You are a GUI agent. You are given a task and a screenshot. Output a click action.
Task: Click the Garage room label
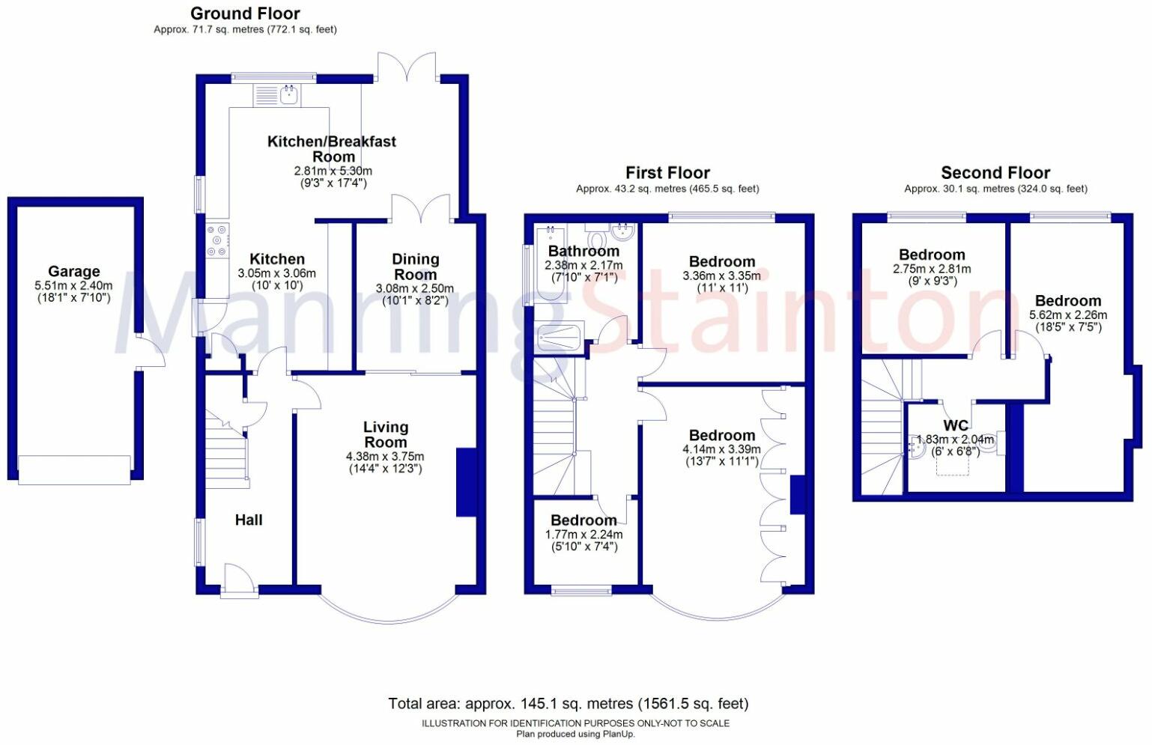(73, 271)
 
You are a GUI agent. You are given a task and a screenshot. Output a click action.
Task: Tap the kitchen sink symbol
(289, 94)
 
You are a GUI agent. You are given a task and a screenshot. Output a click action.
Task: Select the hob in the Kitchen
(218, 241)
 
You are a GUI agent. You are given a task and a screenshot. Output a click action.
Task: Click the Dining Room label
(415, 267)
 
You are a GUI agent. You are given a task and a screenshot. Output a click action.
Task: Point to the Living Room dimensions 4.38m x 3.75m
(385, 456)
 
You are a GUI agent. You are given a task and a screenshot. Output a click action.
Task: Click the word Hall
(249, 520)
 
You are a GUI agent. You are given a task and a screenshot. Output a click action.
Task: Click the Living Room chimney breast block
(466, 482)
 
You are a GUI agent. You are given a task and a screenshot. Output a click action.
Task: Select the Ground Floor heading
(245, 13)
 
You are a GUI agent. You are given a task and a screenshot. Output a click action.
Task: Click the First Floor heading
(667, 173)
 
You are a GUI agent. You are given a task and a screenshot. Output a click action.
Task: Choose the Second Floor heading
(995, 173)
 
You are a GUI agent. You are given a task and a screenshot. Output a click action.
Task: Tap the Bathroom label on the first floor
(583, 251)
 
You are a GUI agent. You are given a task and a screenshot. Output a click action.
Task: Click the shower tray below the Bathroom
(559, 337)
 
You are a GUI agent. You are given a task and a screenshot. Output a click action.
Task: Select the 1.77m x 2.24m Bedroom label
(583, 520)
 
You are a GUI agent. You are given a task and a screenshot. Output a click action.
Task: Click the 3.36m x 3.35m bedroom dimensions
(721, 276)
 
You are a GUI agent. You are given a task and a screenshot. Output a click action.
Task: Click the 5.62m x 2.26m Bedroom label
(1067, 301)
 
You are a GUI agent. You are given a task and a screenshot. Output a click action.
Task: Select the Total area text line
(568, 703)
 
